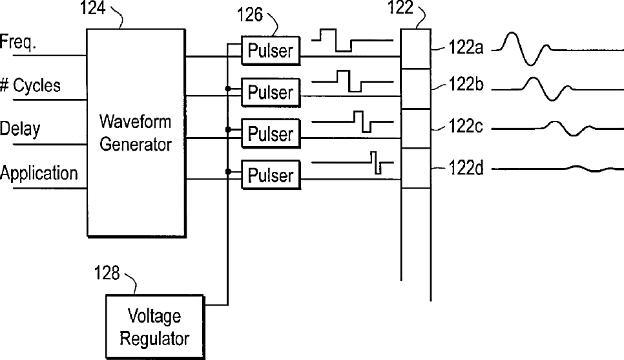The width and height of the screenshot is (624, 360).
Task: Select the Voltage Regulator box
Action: [x=154, y=326]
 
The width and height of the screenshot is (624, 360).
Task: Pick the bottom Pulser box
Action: [x=271, y=175]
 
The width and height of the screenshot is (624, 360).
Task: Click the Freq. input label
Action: [x=19, y=43]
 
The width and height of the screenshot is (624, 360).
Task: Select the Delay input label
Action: [x=20, y=129]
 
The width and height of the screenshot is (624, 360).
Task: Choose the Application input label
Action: [x=39, y=173]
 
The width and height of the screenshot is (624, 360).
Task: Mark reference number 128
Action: [x=107, y=273]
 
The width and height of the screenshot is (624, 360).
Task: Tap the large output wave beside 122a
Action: [x=528, y=47]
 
